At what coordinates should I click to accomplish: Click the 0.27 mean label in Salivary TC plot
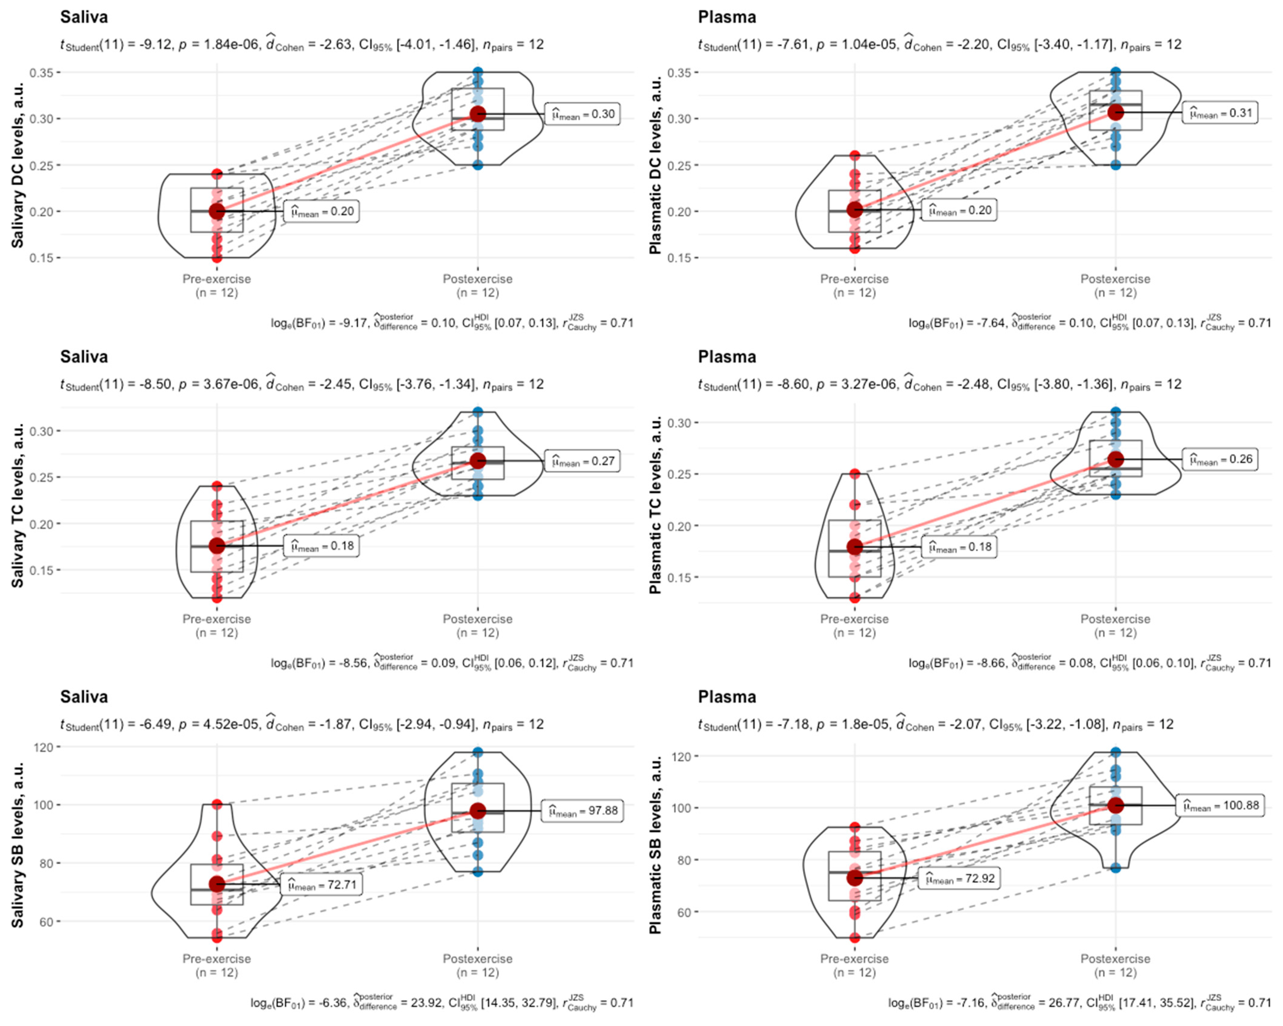(583, 461)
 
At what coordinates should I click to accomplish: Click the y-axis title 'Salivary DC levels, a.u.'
(18, 165)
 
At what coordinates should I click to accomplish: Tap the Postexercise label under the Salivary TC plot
(477, 619)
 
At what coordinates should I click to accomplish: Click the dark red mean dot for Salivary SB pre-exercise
(217, 884)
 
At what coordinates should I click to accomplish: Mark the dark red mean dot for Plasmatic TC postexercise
(1115, 459)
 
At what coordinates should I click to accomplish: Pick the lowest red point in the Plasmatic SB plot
(855, 938)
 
